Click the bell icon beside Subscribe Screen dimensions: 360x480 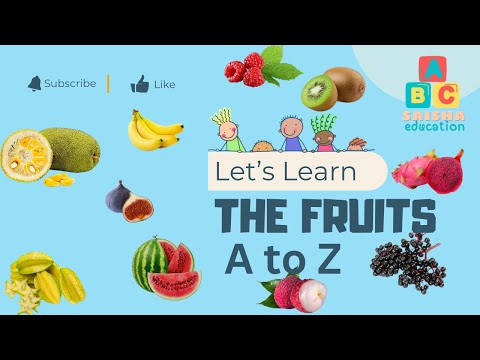coord(35,83)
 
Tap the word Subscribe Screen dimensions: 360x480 coord(70,84)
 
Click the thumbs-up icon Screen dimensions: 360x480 coord(140,84)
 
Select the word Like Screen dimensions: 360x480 coord(165,85)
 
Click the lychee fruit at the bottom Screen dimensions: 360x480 coord(282,291)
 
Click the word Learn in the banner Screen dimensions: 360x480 coord(322,172)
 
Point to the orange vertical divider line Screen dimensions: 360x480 coord(108,83)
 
